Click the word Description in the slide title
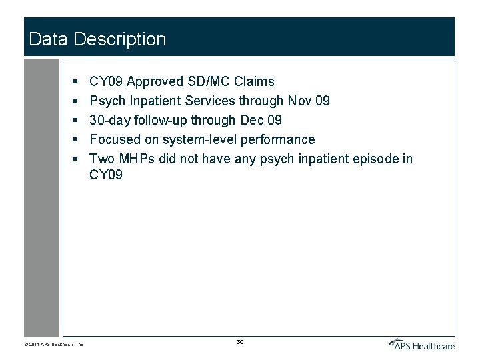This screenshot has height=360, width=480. point(120,39)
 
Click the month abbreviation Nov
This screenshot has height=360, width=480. point(299,101)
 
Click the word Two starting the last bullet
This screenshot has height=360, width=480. point(101,159)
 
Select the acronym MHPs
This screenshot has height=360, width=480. point(137,159)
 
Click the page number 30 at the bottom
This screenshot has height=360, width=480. point(240,342)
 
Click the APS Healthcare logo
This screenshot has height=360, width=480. point(421,344)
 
